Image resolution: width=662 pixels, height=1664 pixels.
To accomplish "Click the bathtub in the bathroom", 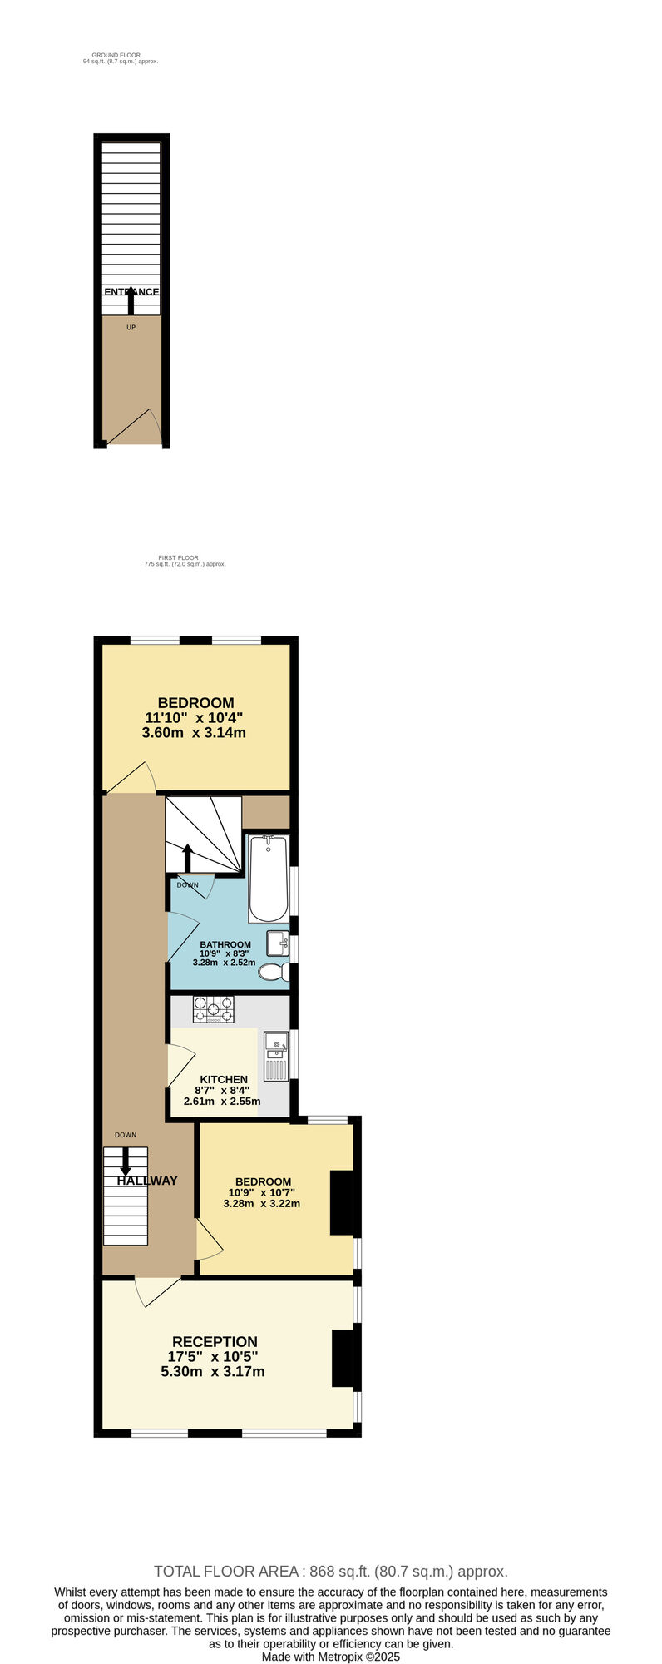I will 268,879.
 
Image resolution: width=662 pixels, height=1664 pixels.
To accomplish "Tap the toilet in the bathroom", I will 274,972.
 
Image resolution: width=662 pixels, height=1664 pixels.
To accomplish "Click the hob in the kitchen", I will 213,1009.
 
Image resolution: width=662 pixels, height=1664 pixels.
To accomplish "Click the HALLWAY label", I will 147,1181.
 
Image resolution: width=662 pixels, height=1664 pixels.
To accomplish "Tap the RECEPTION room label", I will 215,1342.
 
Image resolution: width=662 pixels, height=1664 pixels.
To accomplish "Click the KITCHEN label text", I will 224,1079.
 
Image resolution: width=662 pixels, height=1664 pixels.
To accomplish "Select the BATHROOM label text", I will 225,944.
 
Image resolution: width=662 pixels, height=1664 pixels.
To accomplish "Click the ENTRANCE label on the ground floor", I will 131,292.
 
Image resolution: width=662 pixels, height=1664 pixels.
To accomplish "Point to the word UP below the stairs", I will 131,328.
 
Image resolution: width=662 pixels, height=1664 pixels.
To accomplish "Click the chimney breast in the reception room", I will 342,1359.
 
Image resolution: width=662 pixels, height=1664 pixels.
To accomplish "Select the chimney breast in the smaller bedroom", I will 341,1202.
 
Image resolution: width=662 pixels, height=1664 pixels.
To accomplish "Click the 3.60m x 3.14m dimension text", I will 194,733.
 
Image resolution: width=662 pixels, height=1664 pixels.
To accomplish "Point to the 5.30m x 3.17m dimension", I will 213,1371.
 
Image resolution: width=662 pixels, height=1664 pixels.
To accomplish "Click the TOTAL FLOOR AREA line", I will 330,1572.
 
